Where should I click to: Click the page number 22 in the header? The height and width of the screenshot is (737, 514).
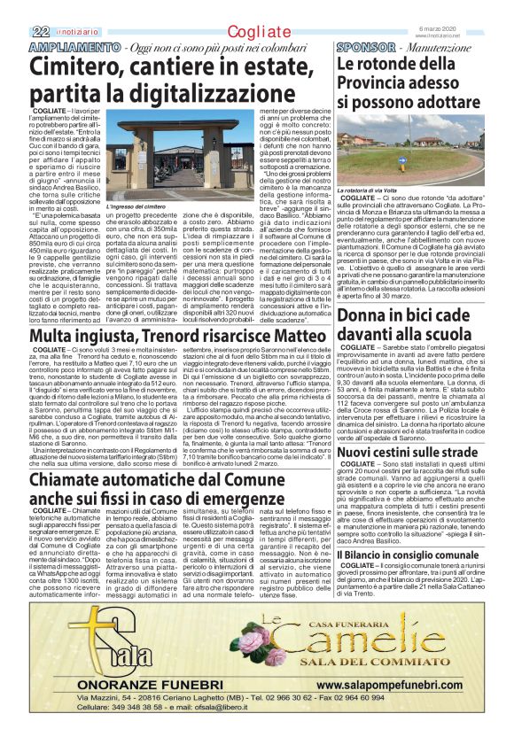click(39, 32)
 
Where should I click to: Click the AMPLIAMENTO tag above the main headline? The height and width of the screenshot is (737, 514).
click(77, 46)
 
